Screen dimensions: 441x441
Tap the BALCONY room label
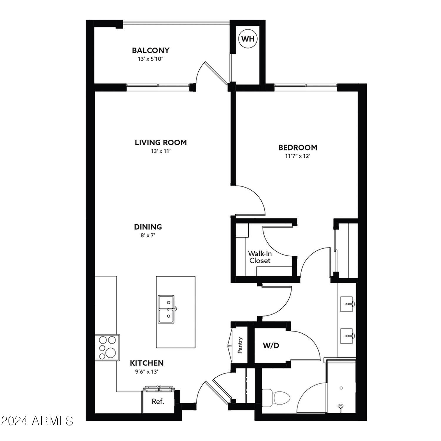(151, 50)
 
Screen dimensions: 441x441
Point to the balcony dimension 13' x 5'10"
(151, 59)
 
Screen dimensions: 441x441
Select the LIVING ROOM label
(161, 143)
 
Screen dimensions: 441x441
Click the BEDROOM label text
(298, 147)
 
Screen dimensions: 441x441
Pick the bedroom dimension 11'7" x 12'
(298, 156)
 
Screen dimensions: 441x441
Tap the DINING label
(148, 227)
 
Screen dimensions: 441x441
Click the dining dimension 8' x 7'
(148, 235)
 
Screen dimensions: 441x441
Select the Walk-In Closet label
(260, 257)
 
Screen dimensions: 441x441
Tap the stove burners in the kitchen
(107, 348)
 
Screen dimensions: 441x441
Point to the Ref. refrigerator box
(158, 402)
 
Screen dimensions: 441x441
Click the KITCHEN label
(147, 363)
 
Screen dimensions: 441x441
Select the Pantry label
(240, 345)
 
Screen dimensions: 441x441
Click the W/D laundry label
(271, 346)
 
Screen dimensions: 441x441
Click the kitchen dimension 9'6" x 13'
(147, 372)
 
